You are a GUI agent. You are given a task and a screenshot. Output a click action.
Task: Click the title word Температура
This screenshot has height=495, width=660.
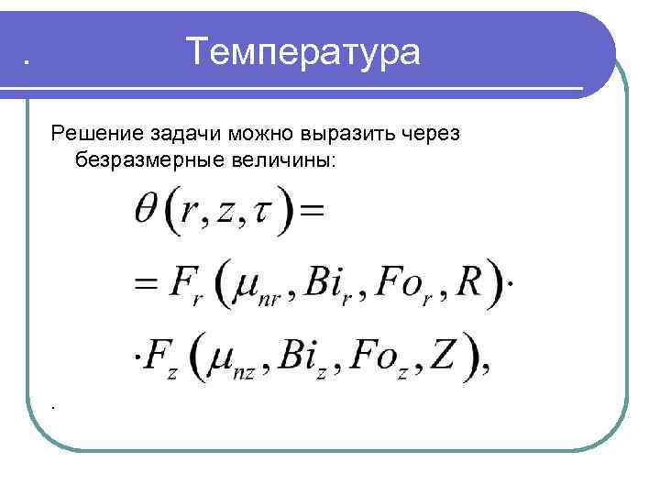tap(302, 51)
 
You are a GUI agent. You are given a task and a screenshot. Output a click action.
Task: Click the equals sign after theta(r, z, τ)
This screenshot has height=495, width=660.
tap(313, 210)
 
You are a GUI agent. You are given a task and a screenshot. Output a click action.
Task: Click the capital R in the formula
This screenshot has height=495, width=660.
tap(468, 280)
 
